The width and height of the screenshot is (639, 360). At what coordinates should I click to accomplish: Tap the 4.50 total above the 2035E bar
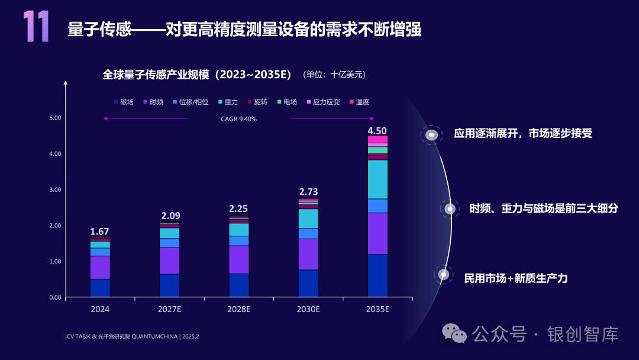pos(377,131)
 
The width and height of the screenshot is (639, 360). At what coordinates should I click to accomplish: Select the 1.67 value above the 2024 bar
pos(99,232)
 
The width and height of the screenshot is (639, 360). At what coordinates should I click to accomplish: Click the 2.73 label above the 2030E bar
pos(308,192)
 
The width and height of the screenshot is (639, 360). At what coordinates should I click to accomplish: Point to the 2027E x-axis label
pos(169,309)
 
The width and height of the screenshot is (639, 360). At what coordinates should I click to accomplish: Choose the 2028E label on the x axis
pos(238,309)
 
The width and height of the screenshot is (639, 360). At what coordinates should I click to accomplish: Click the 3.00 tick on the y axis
pos(54,189)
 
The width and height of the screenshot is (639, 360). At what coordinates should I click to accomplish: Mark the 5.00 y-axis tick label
pos(54,118)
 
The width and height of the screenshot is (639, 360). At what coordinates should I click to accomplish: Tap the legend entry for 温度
pos(359,102)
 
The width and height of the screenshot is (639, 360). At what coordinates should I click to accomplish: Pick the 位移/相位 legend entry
pos(191,102)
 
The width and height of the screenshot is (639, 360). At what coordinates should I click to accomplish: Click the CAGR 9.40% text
pos(238,119)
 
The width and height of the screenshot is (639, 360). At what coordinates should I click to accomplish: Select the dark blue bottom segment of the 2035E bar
pos(377,275)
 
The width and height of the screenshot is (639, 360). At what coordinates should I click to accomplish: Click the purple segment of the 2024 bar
pos(100,267)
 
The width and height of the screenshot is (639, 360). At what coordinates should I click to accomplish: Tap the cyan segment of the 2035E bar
pos(377,179)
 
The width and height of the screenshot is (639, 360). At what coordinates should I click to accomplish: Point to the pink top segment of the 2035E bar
pos(377,139)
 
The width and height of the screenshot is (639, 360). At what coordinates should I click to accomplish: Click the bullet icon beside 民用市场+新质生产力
pos(443,275)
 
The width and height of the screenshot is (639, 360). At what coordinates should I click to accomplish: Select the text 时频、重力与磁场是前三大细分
pos(544,208)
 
